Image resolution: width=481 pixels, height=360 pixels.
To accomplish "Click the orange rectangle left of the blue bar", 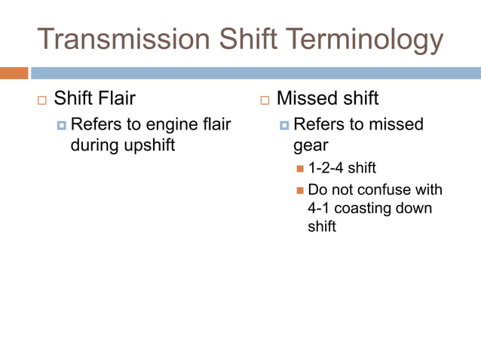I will click(x=14, y=73).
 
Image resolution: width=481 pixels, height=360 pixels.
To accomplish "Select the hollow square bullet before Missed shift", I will click(x=265, y=99).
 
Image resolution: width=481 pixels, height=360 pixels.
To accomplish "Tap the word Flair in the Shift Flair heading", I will click(x=115, y=98).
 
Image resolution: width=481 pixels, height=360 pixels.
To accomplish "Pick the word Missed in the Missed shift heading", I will click(x=305, y=98).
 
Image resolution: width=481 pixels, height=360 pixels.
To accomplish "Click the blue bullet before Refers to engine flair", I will click(x=62, y=125).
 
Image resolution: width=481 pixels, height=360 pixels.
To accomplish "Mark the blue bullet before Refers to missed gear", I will click(x=284, y=125).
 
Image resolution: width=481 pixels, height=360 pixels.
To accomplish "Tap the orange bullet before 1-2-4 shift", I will click(x=300, y=168).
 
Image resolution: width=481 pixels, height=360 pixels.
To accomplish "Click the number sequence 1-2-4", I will click(x=326, y=167).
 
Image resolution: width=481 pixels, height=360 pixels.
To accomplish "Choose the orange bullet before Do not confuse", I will click(x=300, y=190).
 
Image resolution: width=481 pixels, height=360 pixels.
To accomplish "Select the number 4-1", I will click(x=320, y=208).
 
